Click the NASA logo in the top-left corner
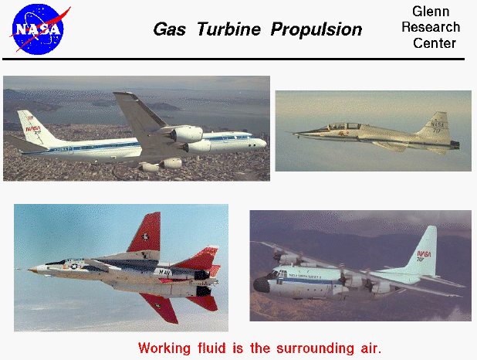click(x=39, y=28)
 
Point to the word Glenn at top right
click(x=431, y=12)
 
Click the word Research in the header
click(x=431, y=27)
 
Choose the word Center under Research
click(x=434, y=43)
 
